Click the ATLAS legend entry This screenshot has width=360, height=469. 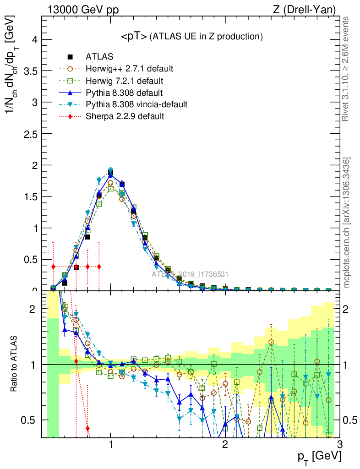click(99, 57)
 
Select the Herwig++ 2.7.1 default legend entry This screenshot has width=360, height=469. click(129, 69)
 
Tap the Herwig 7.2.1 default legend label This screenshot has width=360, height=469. click(125, 81)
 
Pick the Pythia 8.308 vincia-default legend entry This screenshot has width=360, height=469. click(136, 104)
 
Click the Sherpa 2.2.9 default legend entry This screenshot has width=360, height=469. click(125, 116)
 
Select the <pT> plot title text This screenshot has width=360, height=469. click(191, 36)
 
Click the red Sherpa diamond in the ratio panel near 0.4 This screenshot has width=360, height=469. click(87, 428)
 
